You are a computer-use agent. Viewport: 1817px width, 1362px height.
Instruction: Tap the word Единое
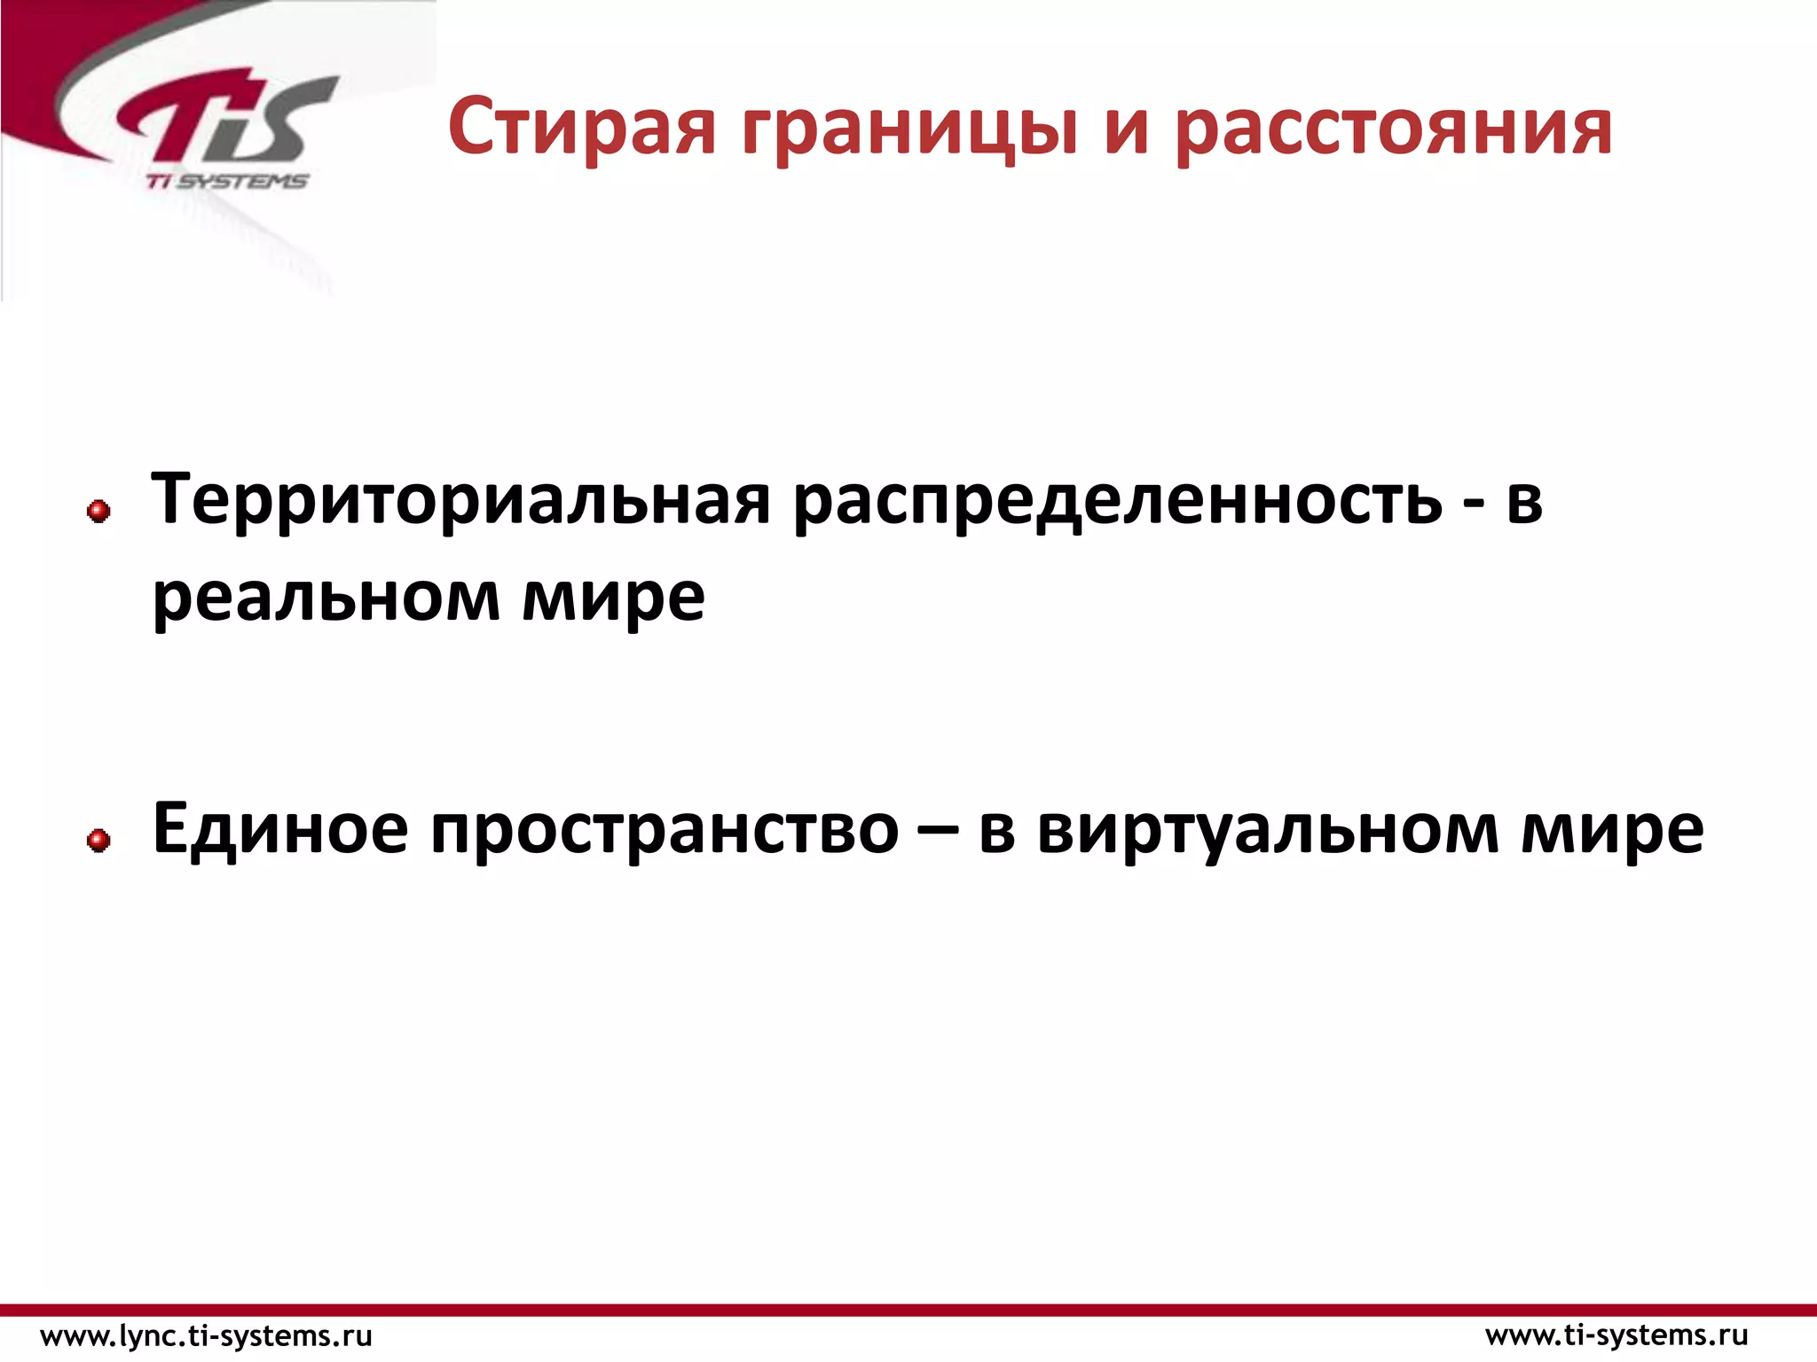279,829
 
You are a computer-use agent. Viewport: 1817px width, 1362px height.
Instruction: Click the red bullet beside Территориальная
98,511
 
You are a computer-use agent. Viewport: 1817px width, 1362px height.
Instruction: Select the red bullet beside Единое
98,840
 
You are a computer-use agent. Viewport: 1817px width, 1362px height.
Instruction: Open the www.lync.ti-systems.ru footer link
207,1335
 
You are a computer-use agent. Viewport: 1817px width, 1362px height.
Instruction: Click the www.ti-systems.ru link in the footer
1616,1335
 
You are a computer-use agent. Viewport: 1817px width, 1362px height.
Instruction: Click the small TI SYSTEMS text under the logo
227,182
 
